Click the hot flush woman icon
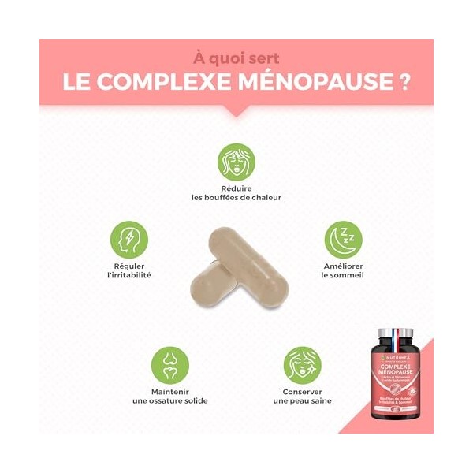click(236, 162)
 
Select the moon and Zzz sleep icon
click(343, 240)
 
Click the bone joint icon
click(170, 365)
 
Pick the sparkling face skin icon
click(303, 365)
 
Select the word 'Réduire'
click(236, 189)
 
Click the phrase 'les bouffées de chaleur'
click(236, 199)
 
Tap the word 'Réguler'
click(128, 266)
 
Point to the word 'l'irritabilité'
click(128, 276)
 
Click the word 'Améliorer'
click(343, 266)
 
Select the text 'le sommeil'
click(343, 276)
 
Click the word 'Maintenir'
click(170, 392)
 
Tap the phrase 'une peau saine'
click(303, 401)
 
